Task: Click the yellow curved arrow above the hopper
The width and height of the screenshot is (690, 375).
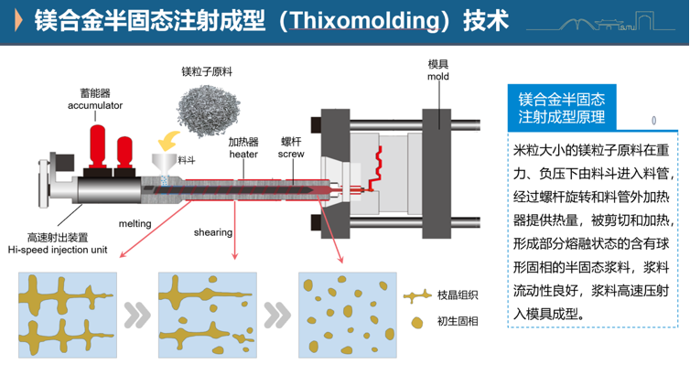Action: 167,140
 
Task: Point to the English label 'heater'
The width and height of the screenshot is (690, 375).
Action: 243,155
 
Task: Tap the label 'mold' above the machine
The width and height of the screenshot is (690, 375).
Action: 438,77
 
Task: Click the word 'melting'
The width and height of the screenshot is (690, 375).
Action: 135,223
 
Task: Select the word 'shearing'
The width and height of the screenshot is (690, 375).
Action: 212,232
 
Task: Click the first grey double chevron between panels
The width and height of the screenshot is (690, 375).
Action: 137,316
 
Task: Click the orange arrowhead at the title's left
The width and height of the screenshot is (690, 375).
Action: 17,20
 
